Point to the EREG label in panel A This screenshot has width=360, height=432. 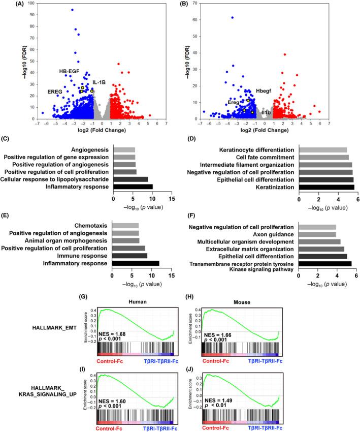click(x=54, y=91)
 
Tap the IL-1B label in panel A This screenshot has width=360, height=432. click(x=99, y=82)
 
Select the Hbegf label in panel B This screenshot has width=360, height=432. click(x=265, y=90)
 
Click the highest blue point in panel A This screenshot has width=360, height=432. click(x=72, y=10)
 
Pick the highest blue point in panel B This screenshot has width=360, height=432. click(x=233, y=18)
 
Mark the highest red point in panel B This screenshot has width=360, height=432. click(x=284, y=54)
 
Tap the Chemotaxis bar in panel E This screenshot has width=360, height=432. click(x=125, y=225)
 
